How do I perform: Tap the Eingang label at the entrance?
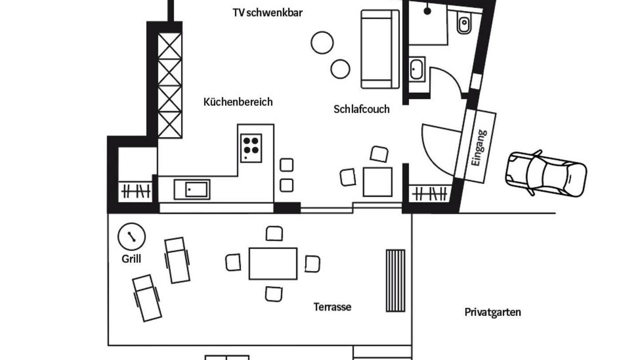tap(478, 147)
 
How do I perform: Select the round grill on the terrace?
tap(131, 236)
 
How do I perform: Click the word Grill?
tap(131, 259)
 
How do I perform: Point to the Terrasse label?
tap(332, 307)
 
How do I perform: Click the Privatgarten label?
tap(492, 312)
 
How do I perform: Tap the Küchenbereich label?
tap(238, 102)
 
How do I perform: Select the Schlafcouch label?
tap(361, 109)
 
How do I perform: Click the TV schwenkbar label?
tap(267, 13)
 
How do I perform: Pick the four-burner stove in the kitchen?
tap(251, 145)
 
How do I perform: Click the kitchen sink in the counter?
tap(192, 189)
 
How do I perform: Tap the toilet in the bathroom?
tap(464, 24)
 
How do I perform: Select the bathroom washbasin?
tap(416, 69)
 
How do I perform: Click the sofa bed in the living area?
tap(380, 49)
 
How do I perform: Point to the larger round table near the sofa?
tap(322, 42)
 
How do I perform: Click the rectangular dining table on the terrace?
tap(273, 263)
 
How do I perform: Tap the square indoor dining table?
tap(377, 182)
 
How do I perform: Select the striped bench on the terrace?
tap(395, 280)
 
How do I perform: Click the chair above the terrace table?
tap(274, 233)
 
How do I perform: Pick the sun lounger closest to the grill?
tap(177, 259)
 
